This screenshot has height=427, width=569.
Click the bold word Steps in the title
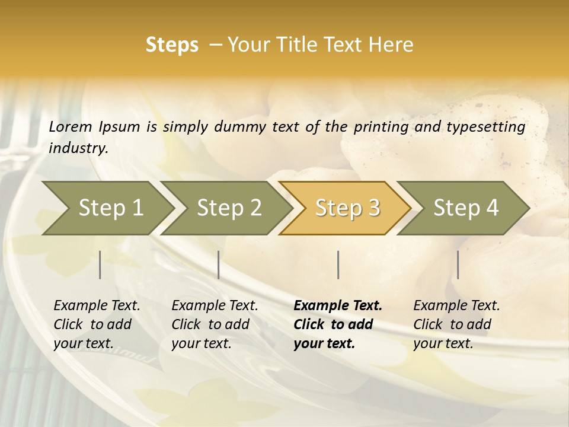pos(172,45)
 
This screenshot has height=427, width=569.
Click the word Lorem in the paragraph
pos(71,127)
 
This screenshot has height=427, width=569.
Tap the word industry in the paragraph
pos(78,148)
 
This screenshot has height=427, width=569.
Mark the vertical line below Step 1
pos(100,265)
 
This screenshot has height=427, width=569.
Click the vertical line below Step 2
pos(219,265)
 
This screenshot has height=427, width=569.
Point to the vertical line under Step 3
pos(338,265)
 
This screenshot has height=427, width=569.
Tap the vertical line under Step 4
pos(458,265)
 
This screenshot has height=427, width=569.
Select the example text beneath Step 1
pos(97,324)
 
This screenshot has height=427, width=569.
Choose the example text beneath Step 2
pos(215,324)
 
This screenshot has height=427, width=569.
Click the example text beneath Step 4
pos(456,324)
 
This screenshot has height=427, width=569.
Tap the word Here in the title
pos(392,45)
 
